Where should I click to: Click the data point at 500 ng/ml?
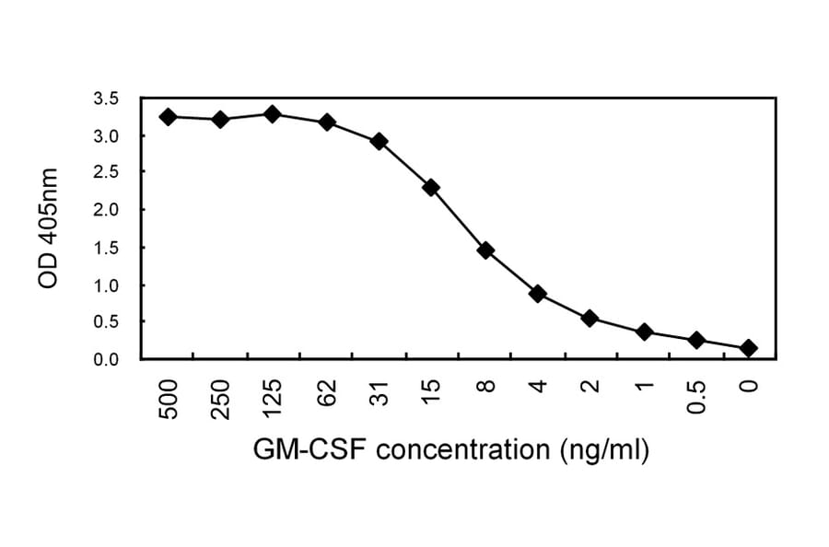click(168, 117)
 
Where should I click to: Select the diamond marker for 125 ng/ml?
click(273, 114)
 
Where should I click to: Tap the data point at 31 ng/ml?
click(379, 141)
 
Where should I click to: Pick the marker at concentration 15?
click(431, 187)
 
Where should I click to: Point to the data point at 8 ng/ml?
click(485, 250)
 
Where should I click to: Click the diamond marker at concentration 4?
click(538, 294)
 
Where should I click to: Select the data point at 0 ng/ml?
click(749, 348)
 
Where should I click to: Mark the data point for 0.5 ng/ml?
click(696, 340)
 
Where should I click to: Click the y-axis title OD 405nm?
click(48, 228)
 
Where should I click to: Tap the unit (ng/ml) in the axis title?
click(603, 450)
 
